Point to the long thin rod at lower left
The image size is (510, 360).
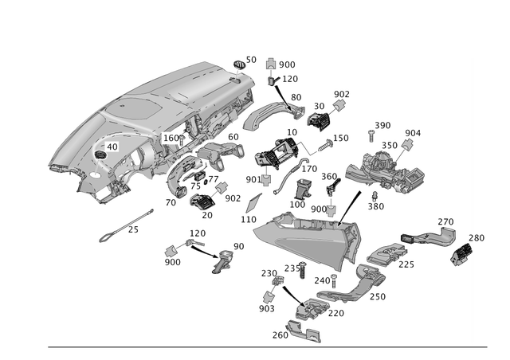point(124,225)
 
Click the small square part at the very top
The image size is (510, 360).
point(272,62)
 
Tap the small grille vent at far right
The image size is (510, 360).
point(462,252)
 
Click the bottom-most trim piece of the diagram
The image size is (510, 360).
point(303,331)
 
